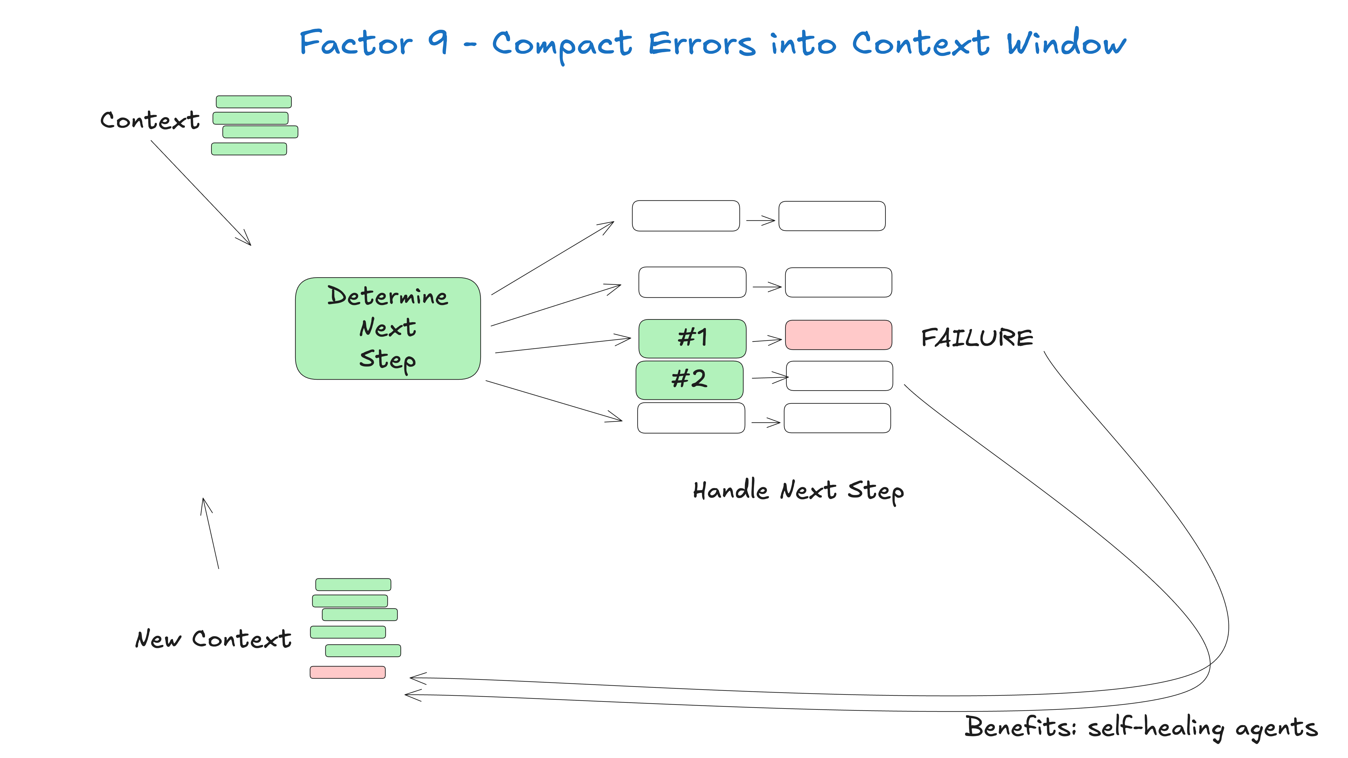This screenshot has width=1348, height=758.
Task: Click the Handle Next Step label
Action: [798, 491]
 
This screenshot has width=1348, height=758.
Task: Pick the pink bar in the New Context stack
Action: [348, 672]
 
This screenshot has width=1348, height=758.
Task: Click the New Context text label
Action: [213, 639]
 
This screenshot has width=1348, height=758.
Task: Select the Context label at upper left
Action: [150, 120]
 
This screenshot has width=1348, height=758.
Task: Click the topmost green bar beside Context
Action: [254, 102]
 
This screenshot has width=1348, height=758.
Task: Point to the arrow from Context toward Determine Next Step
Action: [201, 193]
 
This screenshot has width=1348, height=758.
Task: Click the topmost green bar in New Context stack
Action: [353, 584]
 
